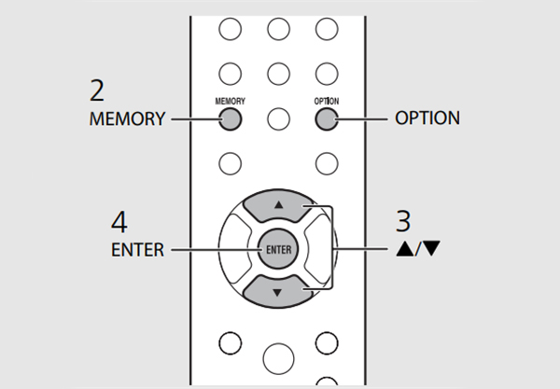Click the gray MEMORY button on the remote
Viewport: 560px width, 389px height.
[x=230, y=118]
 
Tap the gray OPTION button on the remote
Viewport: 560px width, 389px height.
[x=326, y=118]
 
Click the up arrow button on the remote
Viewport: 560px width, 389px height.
[x=277, y=205]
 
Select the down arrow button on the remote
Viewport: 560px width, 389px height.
[x=277, y=291]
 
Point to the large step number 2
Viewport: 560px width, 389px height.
[x=97, y=90]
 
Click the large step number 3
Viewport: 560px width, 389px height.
[x=402, y=222]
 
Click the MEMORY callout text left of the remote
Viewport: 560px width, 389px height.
[x=128, y=119]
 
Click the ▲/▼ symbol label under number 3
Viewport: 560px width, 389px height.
[x=407, y=250]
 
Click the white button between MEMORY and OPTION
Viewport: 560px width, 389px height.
[x=277, y=118]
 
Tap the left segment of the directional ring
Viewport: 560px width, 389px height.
[x=234, y=248]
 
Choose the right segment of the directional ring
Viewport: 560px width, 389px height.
[x=321, y=248]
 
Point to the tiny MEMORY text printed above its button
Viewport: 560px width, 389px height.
[x=230, y=99]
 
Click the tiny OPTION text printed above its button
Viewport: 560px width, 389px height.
[x=326, y=99]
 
